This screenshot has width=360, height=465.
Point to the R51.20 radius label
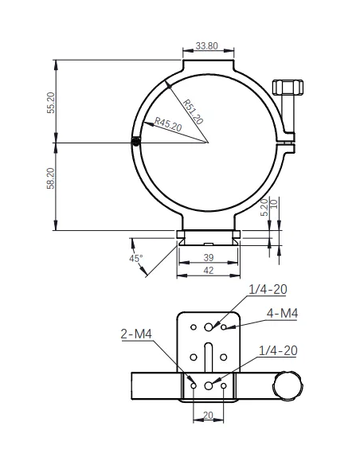192,111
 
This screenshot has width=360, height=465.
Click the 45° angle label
136,258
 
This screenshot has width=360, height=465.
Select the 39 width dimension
207,258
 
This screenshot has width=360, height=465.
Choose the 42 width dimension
207,271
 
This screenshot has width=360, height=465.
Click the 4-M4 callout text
281,314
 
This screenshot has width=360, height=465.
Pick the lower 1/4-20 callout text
278,350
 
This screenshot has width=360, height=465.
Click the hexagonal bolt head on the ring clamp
287,86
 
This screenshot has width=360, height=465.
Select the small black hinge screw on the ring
138,143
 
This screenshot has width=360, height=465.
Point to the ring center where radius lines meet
208,143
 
